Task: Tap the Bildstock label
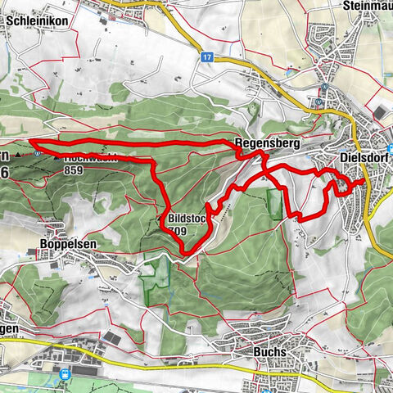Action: pos(187,219)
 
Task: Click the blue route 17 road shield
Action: pos(208,57)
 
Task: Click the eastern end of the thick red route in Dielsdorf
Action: pos(364,179)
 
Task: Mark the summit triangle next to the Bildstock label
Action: pos(160,219)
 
